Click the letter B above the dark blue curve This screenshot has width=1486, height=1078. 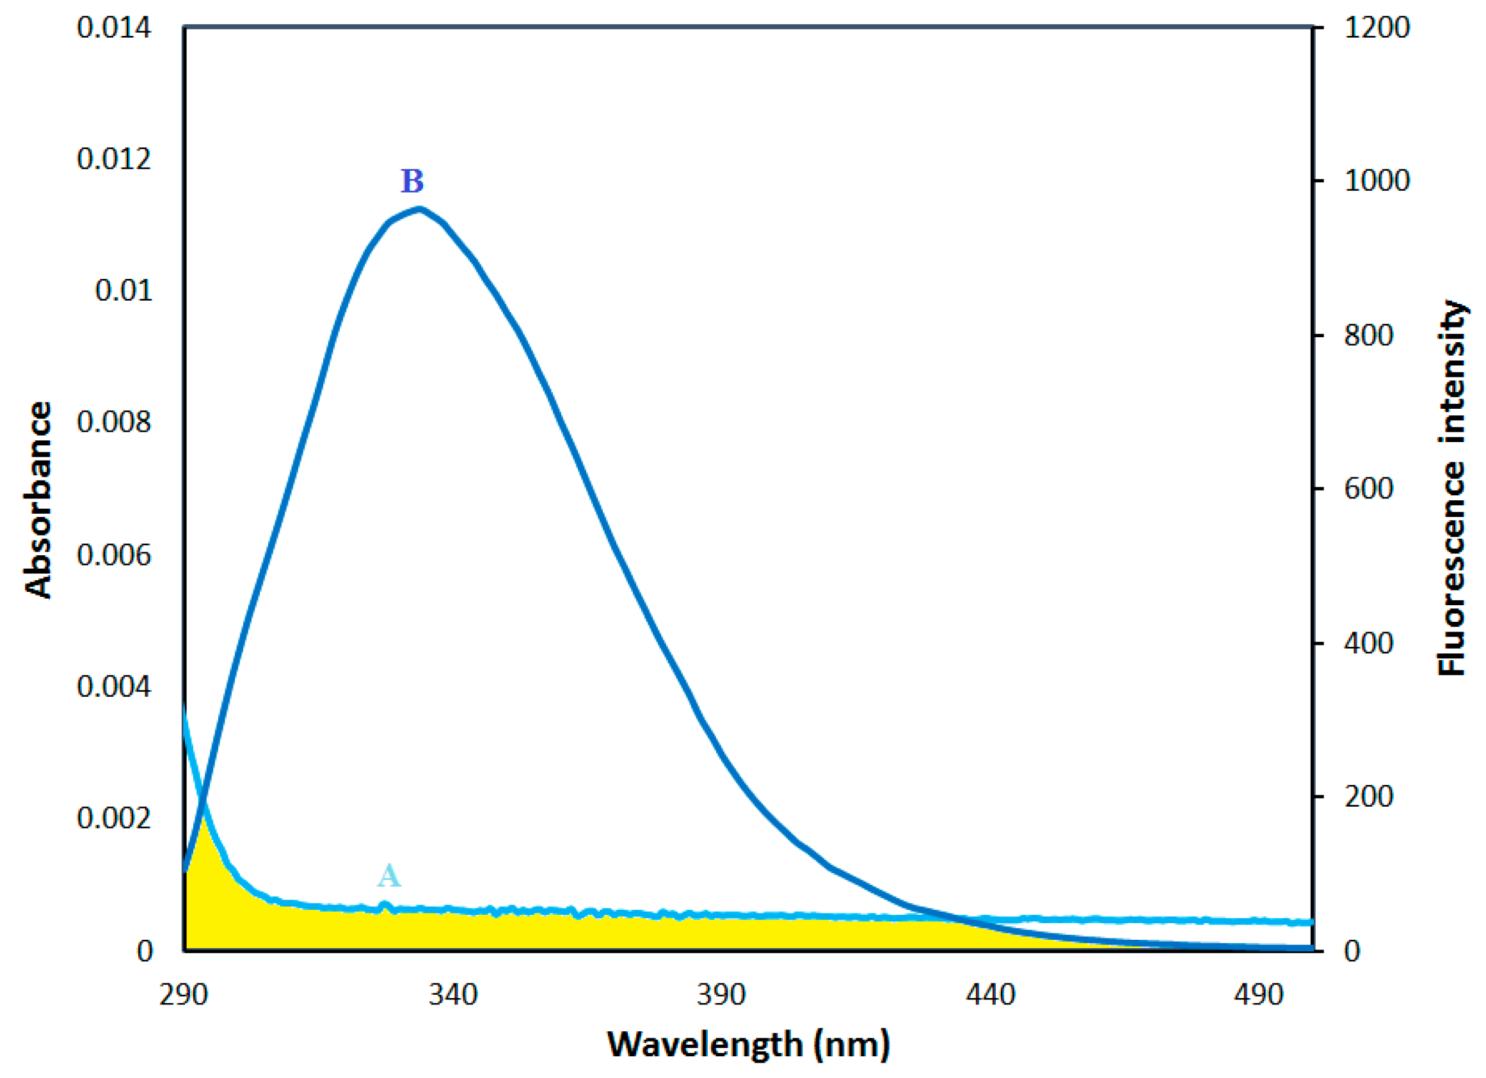(412, 182)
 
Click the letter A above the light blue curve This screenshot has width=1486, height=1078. (388, 875)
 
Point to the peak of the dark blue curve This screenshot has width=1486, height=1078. (420, 210)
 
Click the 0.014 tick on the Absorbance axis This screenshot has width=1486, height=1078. (114, 28)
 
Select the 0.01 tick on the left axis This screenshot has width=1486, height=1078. (123, 290)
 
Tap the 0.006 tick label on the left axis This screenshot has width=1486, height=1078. (114, 555)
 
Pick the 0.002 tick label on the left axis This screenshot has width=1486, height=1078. (114, 818)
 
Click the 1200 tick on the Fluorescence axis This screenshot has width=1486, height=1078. (1377, 28)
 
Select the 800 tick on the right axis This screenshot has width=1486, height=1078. (1368, 335)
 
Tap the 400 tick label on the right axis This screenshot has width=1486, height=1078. (1368, 644)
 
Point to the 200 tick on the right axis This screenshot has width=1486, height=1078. (1368, 797)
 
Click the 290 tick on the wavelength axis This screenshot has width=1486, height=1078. (184, 995)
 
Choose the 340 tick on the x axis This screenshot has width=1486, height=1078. (452, 995)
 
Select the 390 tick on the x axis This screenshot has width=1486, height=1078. (721, 995)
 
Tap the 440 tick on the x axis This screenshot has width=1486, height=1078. (990, 995)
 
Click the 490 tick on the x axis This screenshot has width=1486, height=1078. (1258, 995)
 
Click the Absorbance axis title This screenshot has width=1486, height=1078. (38, 499)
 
